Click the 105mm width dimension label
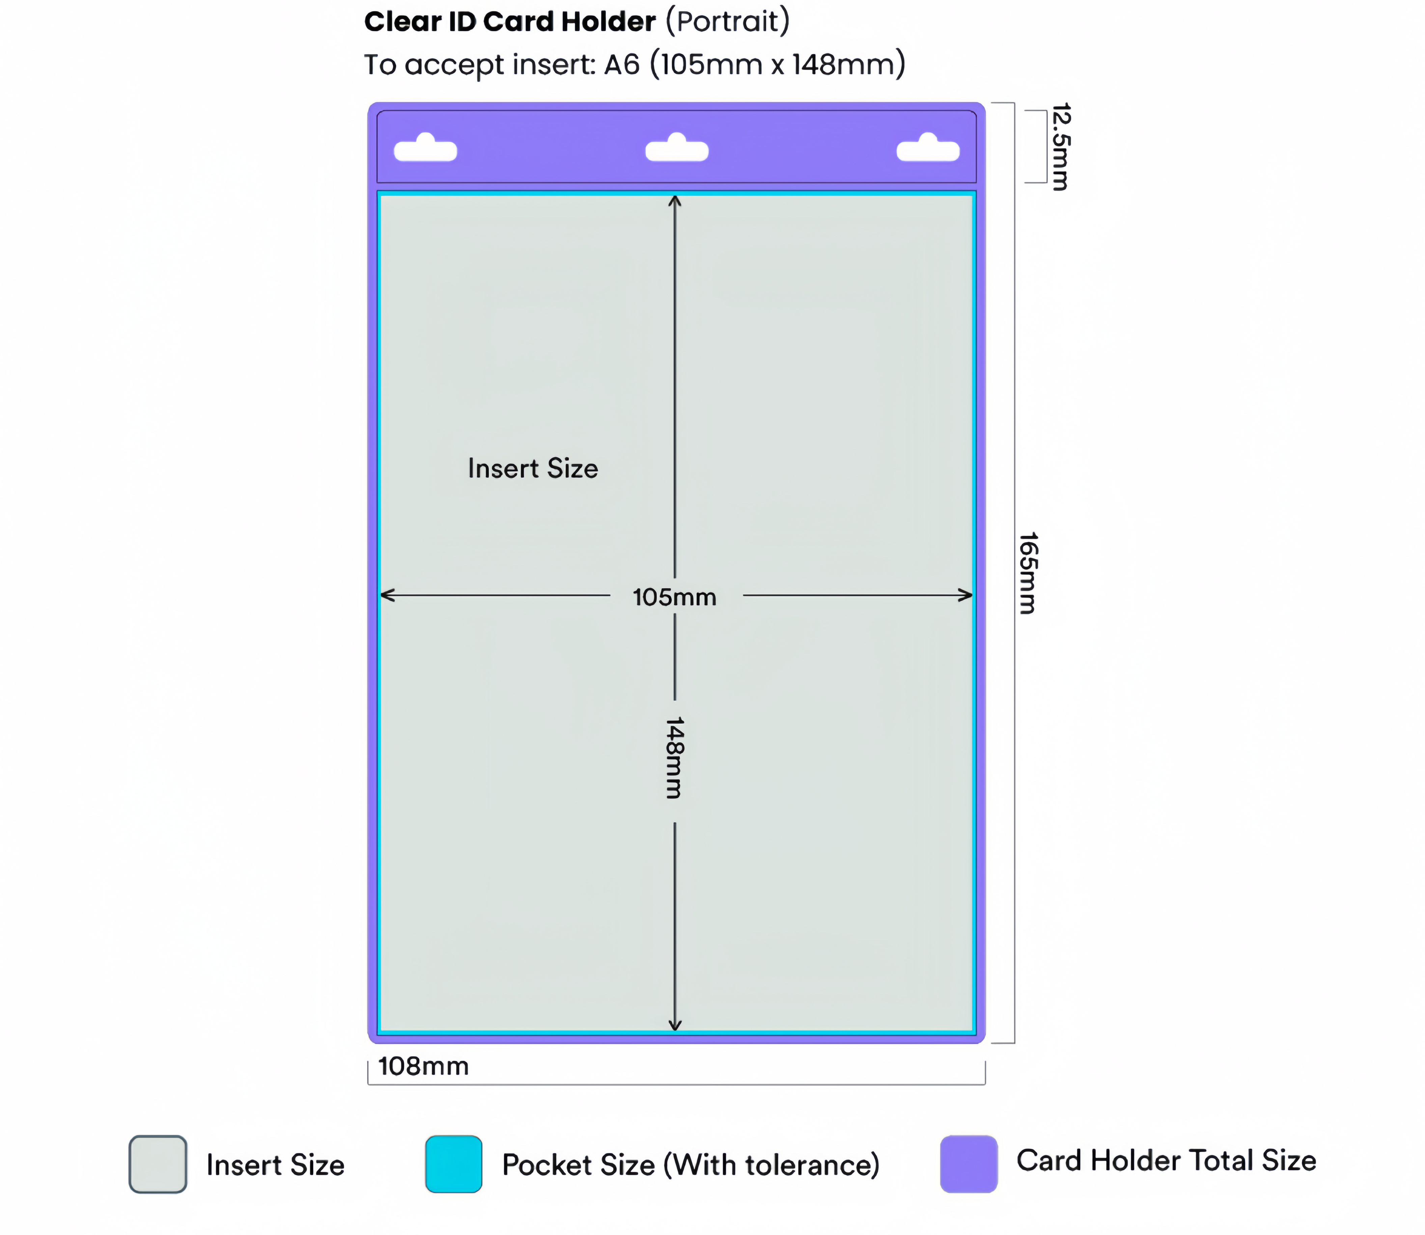[674, 597]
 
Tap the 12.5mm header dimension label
[1060, 147]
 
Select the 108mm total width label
[423, 1066]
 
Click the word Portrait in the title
[727, 21]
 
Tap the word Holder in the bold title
[608, 21]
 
